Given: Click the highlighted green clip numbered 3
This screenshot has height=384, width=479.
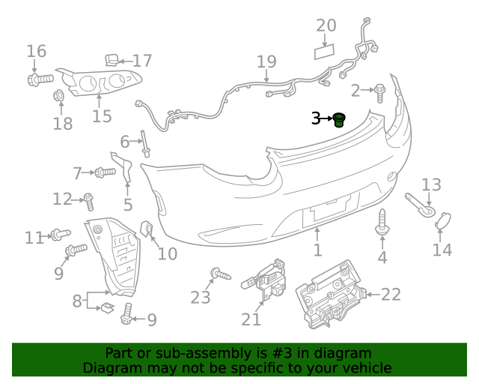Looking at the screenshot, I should click(x=340, y=119).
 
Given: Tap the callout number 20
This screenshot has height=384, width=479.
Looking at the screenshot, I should click(x=326, y=26).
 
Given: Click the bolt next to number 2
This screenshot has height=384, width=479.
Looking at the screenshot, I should click(x=379, y=92).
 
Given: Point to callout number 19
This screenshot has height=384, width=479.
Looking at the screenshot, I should click(x=266, y=62).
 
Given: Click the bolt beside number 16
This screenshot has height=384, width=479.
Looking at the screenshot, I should click(x=40, y=77).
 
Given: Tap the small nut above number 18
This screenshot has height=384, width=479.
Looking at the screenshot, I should click(x=58, y=97).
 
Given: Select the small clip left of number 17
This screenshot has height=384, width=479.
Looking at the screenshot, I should click(x=110, y=59).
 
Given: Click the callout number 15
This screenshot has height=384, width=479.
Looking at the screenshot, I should click(x=102, y=116).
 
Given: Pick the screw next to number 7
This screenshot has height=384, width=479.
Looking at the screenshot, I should click(x=105, y=172).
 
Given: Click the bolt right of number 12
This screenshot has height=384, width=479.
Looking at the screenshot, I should click(x=89, y=200).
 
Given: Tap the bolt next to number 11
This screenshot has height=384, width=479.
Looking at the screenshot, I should click(x=59, y=235).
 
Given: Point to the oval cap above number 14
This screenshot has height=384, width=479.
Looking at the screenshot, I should click(x=443, y=220).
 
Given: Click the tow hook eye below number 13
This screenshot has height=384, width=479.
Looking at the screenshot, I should click(x=419, y=205).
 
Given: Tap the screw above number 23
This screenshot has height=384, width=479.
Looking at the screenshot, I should click(x=219, y=274).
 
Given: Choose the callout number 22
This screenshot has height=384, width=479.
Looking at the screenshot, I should click(x=391, y=295).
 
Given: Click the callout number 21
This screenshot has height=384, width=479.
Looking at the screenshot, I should click(x=251, y=319).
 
